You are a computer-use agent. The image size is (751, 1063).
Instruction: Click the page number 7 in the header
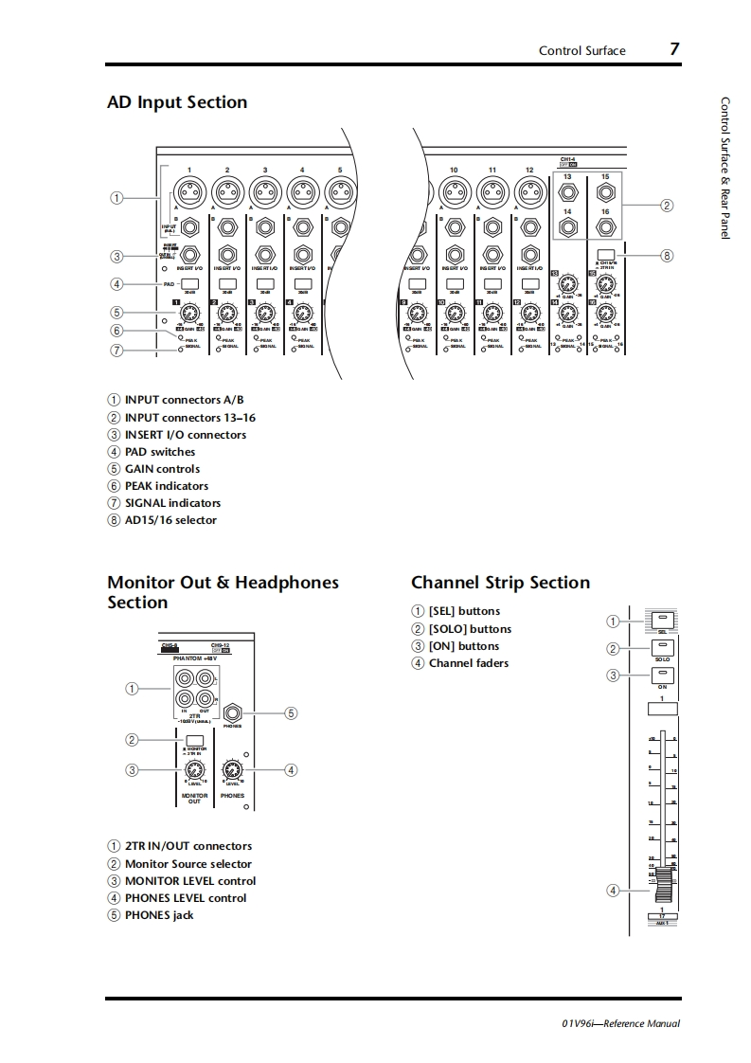(x=674, y=49)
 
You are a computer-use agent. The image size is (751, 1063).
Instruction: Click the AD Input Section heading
(x=177, y=102)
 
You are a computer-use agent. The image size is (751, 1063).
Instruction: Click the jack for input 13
(x=567, y=193)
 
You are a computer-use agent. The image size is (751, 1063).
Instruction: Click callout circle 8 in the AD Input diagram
(x=667, y=255)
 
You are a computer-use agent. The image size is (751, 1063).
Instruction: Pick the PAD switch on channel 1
(x=189, y=282)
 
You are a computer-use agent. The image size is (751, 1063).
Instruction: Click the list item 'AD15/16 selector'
(x=170, y=520)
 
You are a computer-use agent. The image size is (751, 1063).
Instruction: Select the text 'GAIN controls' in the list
(x=162, y=469)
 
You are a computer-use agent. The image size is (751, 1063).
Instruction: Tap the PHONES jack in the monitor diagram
(x=232, y=712)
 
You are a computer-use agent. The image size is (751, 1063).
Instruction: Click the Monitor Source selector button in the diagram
(x=193, y=741)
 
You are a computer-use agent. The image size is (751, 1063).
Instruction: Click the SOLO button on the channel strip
(x=663, y=648)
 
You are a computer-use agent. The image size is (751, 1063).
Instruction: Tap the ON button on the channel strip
(x=663, y=676)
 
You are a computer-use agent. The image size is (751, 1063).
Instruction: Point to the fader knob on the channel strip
(x=663, y=890)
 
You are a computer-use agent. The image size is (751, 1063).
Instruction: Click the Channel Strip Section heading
(x=500, y=583)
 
